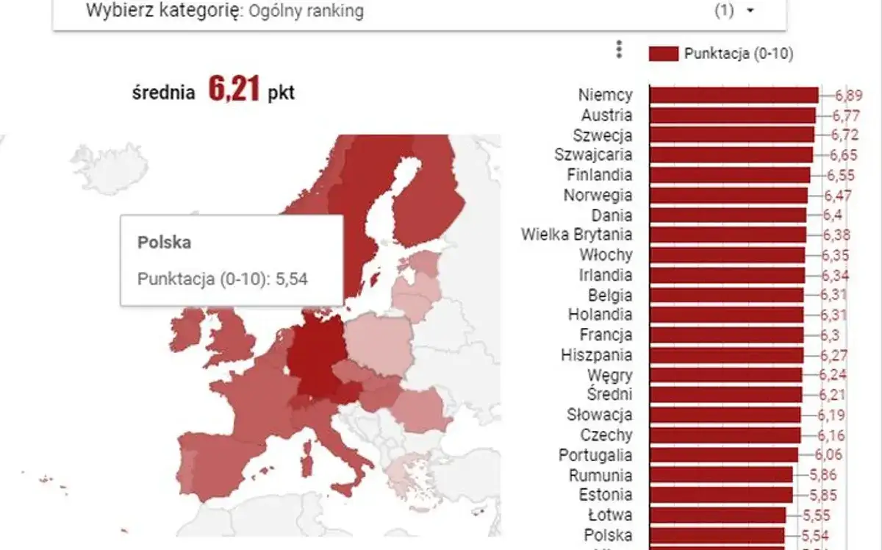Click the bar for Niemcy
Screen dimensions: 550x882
coord(734,95)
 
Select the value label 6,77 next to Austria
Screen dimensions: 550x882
coord(845,115)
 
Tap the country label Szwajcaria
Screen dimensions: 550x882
coord(592,155)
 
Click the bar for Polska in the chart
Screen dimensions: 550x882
coord(717,535)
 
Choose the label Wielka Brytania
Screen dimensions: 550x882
coord(576,235)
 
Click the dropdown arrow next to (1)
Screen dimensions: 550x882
coord(750,11)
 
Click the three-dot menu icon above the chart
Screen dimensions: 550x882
coord(619,50)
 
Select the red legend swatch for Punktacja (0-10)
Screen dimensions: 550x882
coord(663,54)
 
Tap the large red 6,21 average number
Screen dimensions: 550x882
coord(234,89)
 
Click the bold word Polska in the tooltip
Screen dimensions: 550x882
coord(164,243)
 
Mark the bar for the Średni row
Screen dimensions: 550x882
coord(725,395)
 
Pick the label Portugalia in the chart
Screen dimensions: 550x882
coord(595,454)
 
